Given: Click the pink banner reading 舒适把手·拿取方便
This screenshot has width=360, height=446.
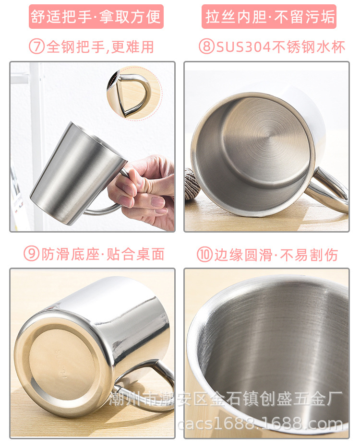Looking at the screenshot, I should [96, 17].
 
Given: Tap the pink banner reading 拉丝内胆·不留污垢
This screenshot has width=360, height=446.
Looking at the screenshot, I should [269, 17].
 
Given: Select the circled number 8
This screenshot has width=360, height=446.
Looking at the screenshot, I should [206, 47].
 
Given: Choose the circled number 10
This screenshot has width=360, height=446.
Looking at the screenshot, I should [205, 255].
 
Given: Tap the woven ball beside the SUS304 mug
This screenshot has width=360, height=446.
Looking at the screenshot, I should [193, 183].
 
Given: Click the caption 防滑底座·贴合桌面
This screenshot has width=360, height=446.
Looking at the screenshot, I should [103, 254].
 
